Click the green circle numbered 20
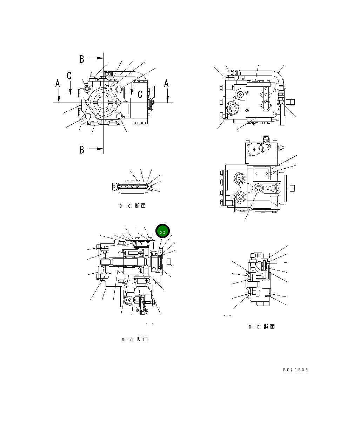pos(162,231)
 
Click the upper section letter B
pos(82,59)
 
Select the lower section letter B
pos(82,150)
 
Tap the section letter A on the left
pos(58,84)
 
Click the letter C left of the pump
pos(69,76)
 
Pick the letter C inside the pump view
pos(140,94)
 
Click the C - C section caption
pos(132,206)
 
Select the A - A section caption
pos(134,339)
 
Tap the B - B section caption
pos(261,327)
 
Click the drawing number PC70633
pos(295,370)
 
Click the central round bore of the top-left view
pos(103,103)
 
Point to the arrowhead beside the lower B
pos(100,149)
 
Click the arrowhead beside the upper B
pos(100,58)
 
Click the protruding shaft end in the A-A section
pos(168,261)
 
